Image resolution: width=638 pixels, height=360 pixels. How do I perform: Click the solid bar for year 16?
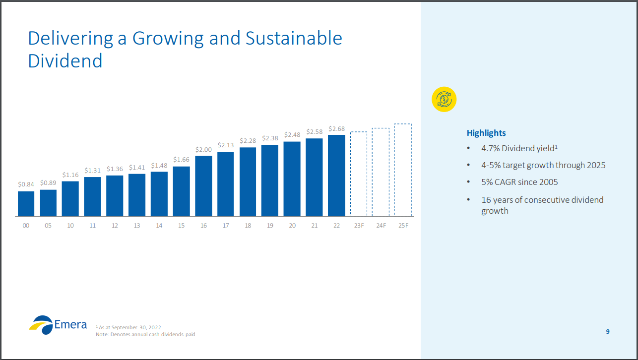click(x=203, y=186)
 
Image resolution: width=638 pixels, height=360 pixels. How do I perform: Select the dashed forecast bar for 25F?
click(x=403, y=170)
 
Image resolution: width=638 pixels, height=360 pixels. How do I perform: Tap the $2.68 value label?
click(x=336, y=129)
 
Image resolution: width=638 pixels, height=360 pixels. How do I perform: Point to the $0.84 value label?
click(x=26, y=184)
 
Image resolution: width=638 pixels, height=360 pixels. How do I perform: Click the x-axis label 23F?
click(x=359, y=226)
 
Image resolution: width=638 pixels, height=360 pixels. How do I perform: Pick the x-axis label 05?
click(x=48, y=226)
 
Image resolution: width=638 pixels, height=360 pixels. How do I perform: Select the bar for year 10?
click(x=70, y=199)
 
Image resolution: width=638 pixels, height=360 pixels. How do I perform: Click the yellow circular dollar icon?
click(x=444, y=100)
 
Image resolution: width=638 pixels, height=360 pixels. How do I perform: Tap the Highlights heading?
click(x=486, y=133)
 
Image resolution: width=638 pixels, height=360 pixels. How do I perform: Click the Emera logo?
click(x=58, y=324)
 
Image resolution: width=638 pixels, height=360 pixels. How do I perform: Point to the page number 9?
click(x=608, y=332)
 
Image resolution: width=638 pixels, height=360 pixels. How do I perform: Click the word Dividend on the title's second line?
click(x=65, y=60)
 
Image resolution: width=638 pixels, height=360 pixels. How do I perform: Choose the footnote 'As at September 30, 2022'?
click(x=129, y=327)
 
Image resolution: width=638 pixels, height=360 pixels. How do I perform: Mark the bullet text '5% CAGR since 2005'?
click(x=519, y=182)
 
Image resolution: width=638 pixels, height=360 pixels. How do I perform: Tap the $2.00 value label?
click(x=203, y=149)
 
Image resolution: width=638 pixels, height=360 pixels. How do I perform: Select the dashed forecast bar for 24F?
click(x=381, y=172)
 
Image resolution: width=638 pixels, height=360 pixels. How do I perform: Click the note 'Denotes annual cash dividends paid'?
click(x=145, y=335)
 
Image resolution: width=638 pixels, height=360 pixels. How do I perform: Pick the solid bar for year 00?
click(x=26, y=204)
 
